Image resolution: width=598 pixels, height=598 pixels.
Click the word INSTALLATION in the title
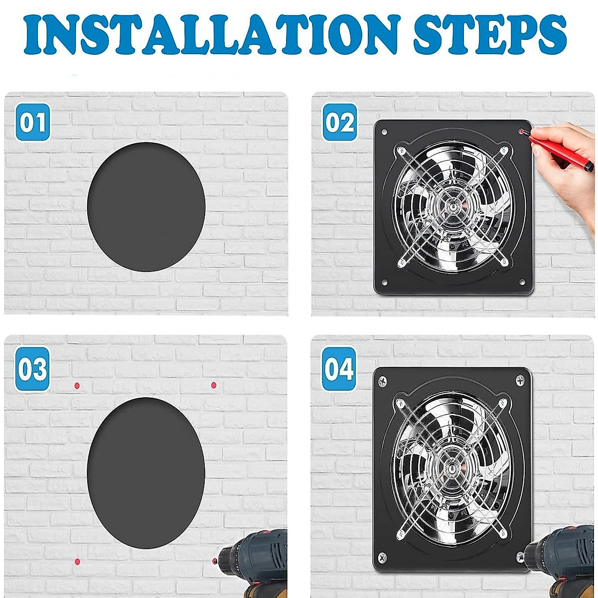click(210, 35)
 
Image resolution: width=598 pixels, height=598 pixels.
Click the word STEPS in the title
click(490, 35)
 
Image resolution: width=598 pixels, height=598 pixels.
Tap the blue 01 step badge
click(32, 122)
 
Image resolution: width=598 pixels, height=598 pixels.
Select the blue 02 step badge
click(340, 122)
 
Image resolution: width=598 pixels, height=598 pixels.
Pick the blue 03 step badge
click(32, 369)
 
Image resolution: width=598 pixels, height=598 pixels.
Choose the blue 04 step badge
click(339, 369)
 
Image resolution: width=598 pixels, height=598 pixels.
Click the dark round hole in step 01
click(146, 207)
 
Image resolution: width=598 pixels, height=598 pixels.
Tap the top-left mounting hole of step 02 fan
click(384, 132)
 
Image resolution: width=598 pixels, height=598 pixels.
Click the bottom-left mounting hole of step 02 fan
click(384, 283)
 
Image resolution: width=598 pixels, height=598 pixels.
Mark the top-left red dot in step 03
click(77, 386)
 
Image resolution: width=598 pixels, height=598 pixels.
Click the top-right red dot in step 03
click(213, 385)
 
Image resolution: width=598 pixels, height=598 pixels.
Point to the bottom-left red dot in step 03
click(77, 562)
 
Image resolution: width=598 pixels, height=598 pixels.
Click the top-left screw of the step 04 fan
click(383, 381)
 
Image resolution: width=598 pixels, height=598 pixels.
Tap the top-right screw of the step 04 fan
click(519, 380)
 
